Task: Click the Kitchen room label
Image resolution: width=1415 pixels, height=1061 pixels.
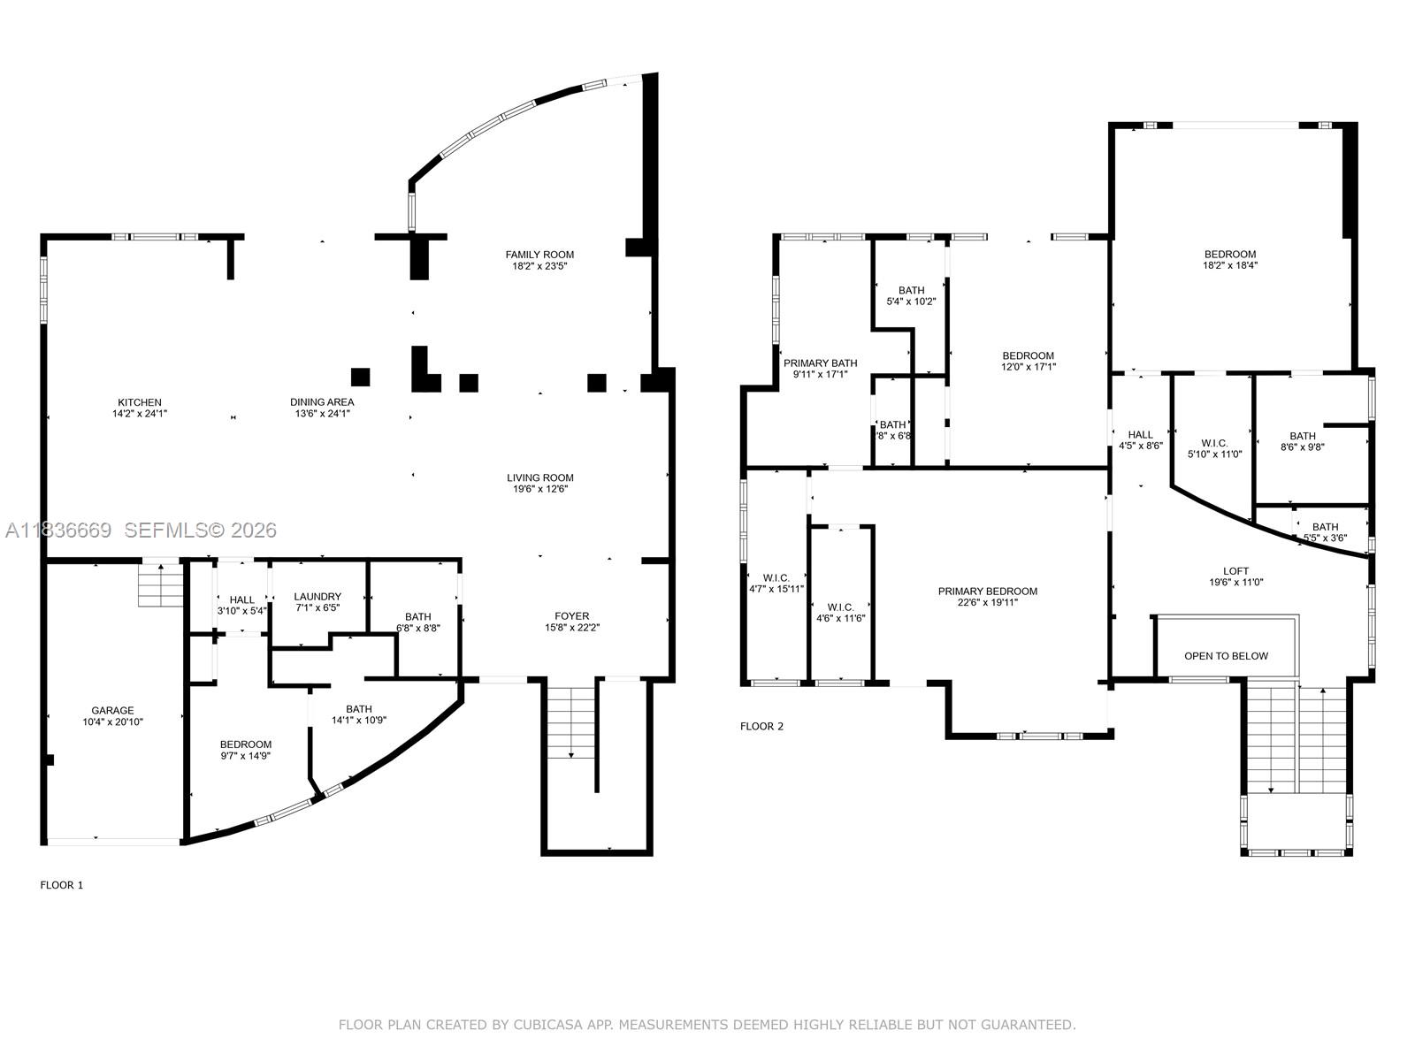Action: [140, 402]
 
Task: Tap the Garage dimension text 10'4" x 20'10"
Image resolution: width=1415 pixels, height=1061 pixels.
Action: [113, 721]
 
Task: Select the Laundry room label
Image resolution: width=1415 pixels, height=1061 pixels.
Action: [317, 597]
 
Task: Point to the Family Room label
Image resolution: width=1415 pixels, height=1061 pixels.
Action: [539, 255]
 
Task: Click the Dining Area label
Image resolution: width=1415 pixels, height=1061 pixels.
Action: [322, 402]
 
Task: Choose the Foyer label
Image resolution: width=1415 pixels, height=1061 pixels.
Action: [572, 616]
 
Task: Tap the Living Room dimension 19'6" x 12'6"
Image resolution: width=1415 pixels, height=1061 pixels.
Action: [539, 489]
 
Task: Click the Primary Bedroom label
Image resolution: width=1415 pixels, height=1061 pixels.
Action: [988, 592]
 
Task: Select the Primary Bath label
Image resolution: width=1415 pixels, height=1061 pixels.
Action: [820, 363]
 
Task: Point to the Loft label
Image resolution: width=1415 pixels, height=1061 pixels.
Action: [1235, 571]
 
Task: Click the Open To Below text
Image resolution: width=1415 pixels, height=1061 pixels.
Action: [1226, 656]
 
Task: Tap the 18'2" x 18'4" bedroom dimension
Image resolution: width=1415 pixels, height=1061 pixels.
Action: [1229, 265]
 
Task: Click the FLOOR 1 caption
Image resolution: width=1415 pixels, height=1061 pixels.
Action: [62, 885]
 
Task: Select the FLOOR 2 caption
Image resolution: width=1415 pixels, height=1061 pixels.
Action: [761, 727]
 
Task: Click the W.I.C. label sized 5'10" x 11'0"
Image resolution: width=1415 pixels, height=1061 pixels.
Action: [1214, 443]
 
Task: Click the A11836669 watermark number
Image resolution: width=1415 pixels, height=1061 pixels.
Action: [58, 530]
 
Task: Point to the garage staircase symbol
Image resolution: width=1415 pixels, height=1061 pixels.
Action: [160, 585]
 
